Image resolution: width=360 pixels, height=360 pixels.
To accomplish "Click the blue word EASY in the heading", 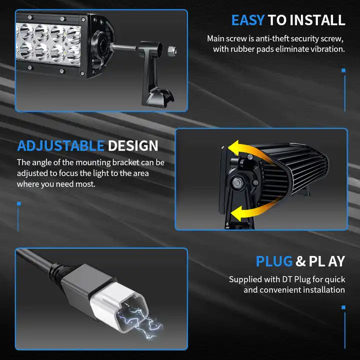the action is pyautogui.click(x=248, y=20).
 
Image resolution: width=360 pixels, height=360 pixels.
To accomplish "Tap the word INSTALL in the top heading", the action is pyautogui.click(x=317, y=20).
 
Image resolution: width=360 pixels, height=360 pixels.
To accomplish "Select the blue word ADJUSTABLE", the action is pyautogui.click(x=61, y=146).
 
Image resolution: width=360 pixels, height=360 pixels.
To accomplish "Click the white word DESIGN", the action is pyautogui.click(x=133, y=146).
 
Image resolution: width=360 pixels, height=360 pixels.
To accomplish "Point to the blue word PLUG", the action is pyautogui.click(x=274, y=261).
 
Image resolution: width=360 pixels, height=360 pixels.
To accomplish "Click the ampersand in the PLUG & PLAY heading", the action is pyautogui.click(x=300, y=261).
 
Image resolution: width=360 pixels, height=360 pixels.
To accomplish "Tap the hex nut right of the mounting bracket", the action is pyautogui.click(x=172, y=50).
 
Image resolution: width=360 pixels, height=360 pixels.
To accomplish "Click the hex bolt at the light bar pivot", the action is pyautogui.click(x=237, y=182).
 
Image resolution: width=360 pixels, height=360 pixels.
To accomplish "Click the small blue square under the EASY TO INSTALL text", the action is pyautogui.click(x=343, y=70).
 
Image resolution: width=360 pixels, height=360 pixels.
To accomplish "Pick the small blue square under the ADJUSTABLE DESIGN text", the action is pyautogui.click(x=19, y=203).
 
